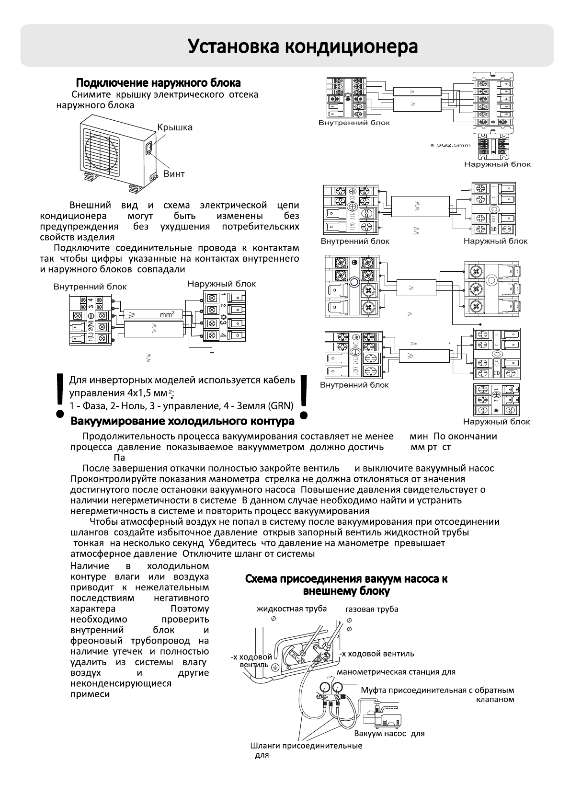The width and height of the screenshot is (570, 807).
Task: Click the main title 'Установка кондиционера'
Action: pyautogui.click(x=303, y=46)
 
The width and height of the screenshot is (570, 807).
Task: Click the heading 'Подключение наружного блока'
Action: pyautogui.click(x=159, y=83)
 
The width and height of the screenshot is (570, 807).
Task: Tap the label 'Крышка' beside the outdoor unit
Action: pyautogui.click(x=175, y=127)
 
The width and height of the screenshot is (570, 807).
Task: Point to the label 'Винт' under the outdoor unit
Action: pyautogui.click(x=174, y=174)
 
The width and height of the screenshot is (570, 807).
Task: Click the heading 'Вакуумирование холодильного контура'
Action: pyautogui.click(x=182, y=421)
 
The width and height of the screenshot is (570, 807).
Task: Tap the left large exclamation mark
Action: pyautogui.click(x=60, y=395)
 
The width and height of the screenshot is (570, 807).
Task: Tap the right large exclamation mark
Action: pyautogui.click(x=303, y=395)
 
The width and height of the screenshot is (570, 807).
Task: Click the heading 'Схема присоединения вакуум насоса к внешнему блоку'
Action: pyautogui.click(x=346, y=585)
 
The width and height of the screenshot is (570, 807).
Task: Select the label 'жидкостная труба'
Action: pyautogui.click(x=292, y=609)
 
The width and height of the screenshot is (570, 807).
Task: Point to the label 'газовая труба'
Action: pyautogui.click(x=372, y=609)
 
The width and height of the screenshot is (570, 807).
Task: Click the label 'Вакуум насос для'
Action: pyautogui.click(x=389, y=733)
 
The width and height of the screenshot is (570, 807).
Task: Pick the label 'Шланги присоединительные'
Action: pyautogui.click(x=306, y=746)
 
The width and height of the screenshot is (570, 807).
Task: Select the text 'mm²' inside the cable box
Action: pyautogui.click(x=167, y=314)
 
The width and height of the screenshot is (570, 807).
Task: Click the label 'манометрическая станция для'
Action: pyautogui.click(x=396, y=672)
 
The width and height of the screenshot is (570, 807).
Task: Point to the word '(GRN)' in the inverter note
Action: pyautogui.click(x=280, y=406)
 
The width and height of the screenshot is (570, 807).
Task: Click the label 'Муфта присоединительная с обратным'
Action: pyautogui.click(x=437, y=690)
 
